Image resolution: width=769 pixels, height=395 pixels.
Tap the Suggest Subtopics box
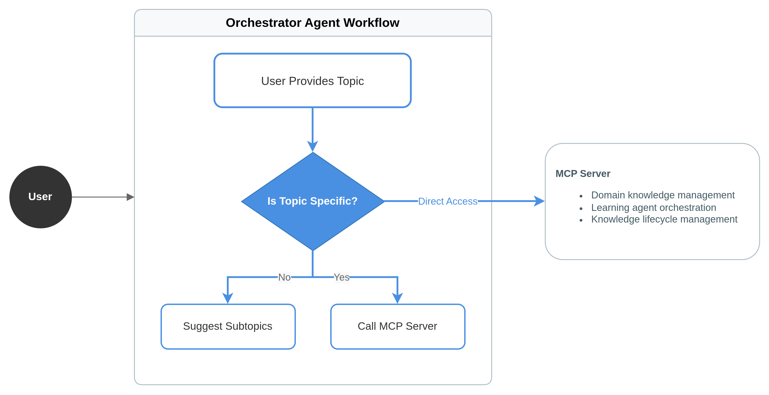click(228, 326)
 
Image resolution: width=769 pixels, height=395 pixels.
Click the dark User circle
click(40, 197)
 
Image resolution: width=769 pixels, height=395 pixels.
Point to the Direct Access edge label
click(447, 201)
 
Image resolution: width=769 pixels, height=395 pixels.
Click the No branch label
click(284, 277)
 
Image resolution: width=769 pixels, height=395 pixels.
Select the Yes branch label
click(341, 277)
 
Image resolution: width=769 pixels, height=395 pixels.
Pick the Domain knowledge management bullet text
click(662, 195)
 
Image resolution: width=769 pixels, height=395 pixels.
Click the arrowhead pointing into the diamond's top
click(313, 146)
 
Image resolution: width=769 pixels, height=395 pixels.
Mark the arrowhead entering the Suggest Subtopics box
click(228, 298)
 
